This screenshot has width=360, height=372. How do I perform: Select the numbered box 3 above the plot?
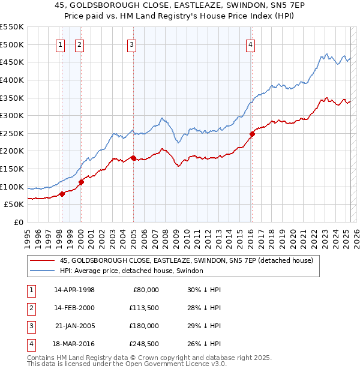pos(131,44)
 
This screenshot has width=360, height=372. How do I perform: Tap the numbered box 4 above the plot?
pos(250,44)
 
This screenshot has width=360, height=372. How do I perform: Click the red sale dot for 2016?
pos(253,134)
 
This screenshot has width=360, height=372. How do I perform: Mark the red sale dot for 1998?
pos(62,194)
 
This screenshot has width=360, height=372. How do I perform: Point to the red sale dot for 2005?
pos(133,158)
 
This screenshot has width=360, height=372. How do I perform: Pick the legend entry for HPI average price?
pos(131,271)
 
